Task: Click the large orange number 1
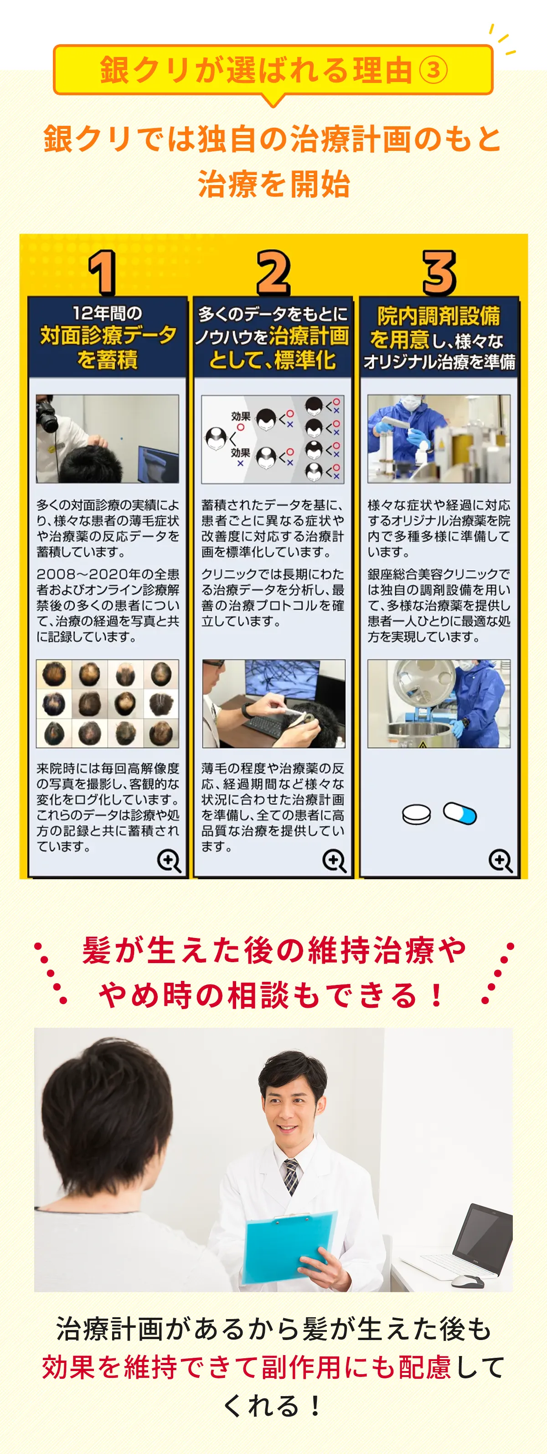point(103,273)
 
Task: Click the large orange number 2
point(273,273)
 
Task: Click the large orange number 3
point(439,273)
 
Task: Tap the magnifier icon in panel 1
point(169,861)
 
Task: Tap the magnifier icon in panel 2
point(334,861)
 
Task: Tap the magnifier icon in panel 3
point(500,861)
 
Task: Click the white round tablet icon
point(417,814)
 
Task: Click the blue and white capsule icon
point(460,813)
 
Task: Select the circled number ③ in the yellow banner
point(433,71)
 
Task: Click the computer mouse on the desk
point(467,1281)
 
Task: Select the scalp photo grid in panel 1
point(107,703)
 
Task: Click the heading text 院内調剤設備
point(439,315)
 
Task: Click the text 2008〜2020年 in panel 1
point(87,574)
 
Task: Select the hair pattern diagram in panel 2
point(273,439)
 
